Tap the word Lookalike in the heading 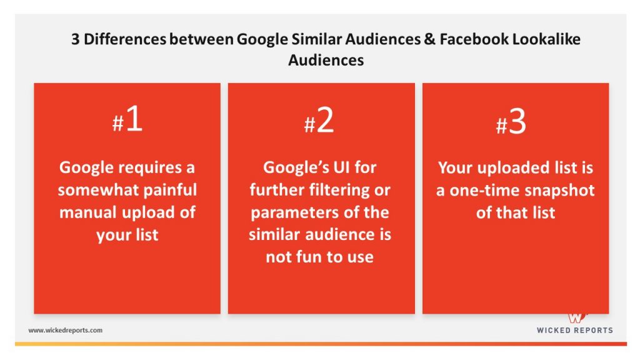(x=546, y=39)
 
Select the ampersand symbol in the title (x=429, y=39)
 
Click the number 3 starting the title (x=76, y=39)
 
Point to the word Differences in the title (x=125, y=39)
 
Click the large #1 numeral (x=127, y=119)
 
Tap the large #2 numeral (x=319, y=121)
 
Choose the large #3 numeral (x=511, y=122)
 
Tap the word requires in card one (x=151, y=167)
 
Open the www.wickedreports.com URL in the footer (x=65, y=330)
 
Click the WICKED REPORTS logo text (x=575, y=330)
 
